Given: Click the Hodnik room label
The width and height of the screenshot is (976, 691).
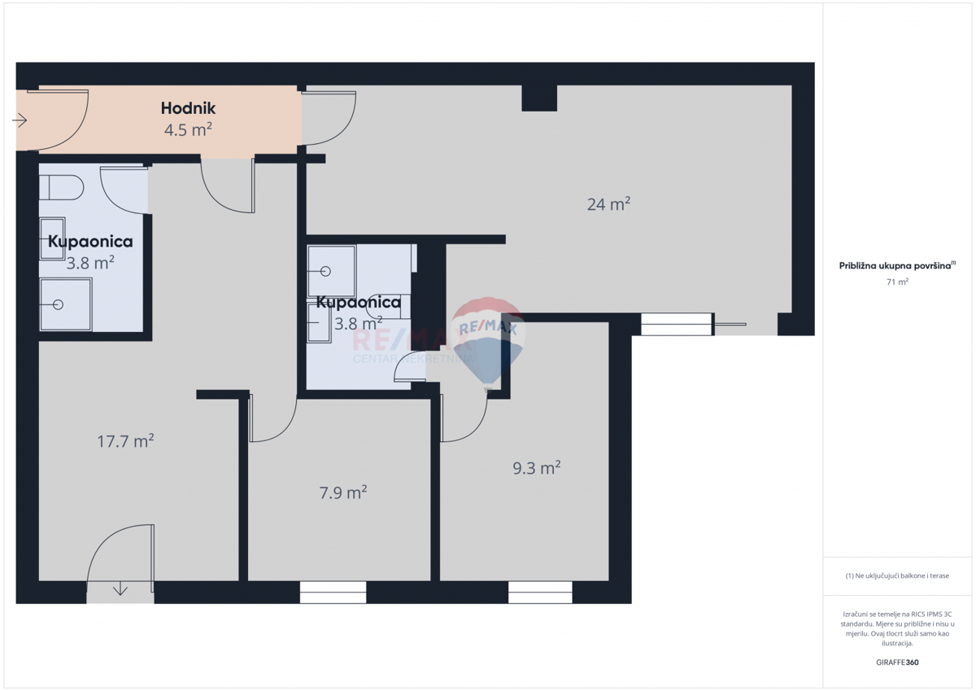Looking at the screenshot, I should tap(188, 107).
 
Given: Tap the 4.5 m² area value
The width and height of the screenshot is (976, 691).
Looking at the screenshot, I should tap(188, 129).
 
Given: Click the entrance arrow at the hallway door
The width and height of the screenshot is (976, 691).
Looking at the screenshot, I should tap(20, 121).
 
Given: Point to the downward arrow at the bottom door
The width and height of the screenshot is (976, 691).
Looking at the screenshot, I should tap(120, 588).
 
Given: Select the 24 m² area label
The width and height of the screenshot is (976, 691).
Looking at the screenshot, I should tap(609, 204).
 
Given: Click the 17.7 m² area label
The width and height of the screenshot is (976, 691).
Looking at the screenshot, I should tap(125, 441).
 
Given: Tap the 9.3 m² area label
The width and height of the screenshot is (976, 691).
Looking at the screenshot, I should tap(536, 468).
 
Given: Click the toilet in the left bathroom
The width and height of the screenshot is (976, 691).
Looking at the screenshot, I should tap(62, 188).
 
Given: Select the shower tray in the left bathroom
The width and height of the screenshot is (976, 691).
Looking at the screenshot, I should tap(65, 304).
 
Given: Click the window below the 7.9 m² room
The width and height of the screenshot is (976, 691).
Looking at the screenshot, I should tap(333, 593).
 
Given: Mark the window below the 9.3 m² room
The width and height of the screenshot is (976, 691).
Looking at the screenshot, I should tap(540, 593).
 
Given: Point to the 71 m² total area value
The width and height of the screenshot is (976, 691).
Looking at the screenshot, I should tap(897, 282).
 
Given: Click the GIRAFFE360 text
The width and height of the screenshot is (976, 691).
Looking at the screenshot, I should tap(897, 663).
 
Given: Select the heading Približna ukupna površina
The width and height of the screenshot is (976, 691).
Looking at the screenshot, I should tap(896, 265).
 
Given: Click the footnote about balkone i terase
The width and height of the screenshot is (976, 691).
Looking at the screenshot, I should tap(897, 575).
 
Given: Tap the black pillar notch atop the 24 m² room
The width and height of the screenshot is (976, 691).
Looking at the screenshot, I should tap(539, 98).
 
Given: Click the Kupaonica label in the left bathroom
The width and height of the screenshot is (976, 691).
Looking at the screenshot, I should tap(90, 242).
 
